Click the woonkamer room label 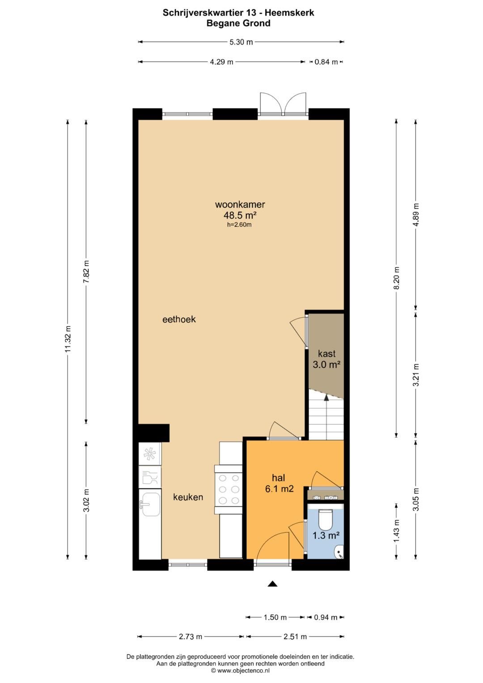[x=240, y=205]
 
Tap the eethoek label [x=179, y=319]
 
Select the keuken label [x=188, y=497]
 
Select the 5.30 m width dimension [x=241, y=42]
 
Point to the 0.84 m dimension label [x=326, y=62]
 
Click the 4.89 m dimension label [x=416, y=215]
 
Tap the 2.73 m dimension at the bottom [x=191, y=636]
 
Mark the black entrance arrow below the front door [x=272, y=584]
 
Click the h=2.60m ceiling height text [x=239, y=225]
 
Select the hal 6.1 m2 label [x=279, y=483]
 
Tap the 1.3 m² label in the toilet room [x=326, y=535]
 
